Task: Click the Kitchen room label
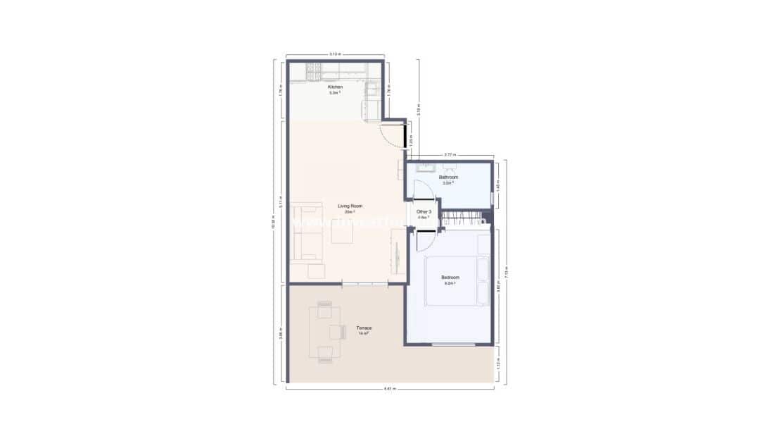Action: click(x=334, y=87)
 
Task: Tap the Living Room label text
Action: click(x=350, y=206)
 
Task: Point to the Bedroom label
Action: click(x=450, y=278)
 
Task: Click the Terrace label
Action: click(x=364, y=328)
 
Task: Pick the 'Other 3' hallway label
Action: click(x=424, y=211)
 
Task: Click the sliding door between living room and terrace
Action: click(x=364, y=284)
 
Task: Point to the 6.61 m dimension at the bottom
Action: click(x=390, y=388)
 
